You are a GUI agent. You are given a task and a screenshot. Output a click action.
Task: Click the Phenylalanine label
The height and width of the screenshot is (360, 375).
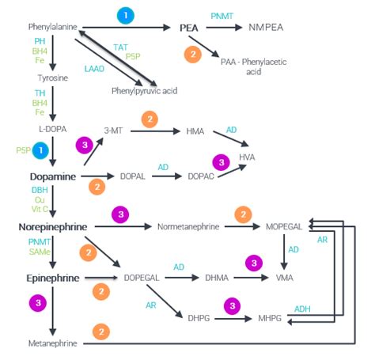click(x=53, y=27)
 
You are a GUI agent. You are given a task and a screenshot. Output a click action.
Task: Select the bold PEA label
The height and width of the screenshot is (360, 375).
click(x=189, y=28)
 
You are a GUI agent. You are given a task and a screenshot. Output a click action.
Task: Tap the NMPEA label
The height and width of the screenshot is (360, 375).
click(x=266, y=27)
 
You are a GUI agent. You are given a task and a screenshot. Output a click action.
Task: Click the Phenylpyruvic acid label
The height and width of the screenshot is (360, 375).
click(x=145, y=91)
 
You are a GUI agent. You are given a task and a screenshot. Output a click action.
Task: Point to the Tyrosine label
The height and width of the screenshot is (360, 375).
click(x=53, y=78)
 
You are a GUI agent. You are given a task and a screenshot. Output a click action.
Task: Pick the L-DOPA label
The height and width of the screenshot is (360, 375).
click(x=53, y=129)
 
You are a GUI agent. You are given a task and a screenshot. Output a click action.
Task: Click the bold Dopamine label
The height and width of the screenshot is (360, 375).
click(x=53, y=176)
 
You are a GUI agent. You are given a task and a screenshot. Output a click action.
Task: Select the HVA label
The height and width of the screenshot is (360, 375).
click(x=247, y=157)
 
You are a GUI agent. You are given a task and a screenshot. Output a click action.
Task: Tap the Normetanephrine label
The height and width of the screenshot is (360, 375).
click(x=188, y=226)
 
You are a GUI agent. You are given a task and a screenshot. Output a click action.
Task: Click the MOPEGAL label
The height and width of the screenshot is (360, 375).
click(x=284, y=226)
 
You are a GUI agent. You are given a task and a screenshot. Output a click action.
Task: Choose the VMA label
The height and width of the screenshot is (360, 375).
click(x=285, y=278)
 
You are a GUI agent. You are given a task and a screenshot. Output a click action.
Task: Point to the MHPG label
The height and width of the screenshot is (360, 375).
click(x=270, y=318)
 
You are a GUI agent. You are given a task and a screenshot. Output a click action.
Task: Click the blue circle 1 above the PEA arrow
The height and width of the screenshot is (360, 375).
click(x=126, y=15)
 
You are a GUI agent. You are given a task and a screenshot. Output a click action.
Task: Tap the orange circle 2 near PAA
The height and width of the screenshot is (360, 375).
click(x=193, y=55)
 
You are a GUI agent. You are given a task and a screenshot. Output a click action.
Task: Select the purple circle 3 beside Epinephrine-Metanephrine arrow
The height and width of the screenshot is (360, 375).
click(x=38, y=303)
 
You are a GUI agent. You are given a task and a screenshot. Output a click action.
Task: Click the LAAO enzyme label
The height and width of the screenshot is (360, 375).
click(x=94, y=69)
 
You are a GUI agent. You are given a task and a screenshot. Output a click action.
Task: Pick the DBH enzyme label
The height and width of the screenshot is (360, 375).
click(x=40, y=190)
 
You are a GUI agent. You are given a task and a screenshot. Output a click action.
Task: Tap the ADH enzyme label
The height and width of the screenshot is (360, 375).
click(x=302, y=309)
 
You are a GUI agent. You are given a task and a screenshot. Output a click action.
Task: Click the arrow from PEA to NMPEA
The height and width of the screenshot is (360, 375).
click(x=224, y=28)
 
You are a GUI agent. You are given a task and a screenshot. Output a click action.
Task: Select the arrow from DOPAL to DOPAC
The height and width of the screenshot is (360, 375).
click(x=167, y=176)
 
